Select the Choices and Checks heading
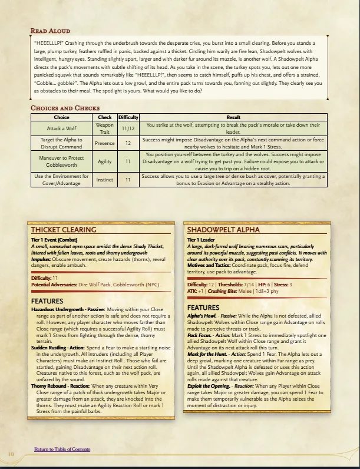pyautogui.click(x=65, y=108)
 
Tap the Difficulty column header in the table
pyautogui.click(x=128, y=117)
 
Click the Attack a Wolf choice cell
pyautogui.click(x=61, y=128)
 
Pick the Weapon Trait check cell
pyautogui.click(x=104, y=128)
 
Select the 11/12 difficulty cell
pyautogui.click(x=128, y=128)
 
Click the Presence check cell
pyautogui.click(x=104, y=143)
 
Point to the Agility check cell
pyautogui.click(x=104, y=160)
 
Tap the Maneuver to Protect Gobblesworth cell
pyautogui.click(x=61, y=160)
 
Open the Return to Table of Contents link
pyautogui.click(x=62, y=449)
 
